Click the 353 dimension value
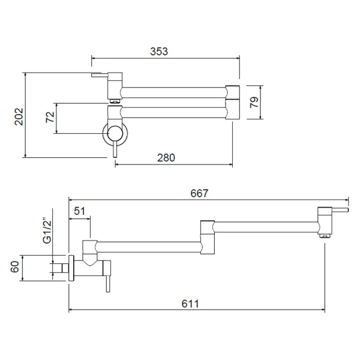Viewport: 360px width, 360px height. [159, 52]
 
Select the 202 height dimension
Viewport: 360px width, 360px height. [19, 116]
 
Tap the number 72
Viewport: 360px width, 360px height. [50, 117]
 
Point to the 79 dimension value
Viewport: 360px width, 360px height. [254, 103]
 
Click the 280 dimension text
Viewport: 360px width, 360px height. [166, 158]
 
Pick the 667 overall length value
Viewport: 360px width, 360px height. [199, 193]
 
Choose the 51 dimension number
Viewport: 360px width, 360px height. [79, 211]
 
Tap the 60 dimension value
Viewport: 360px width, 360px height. [14, 267]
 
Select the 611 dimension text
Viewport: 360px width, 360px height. [190, 304]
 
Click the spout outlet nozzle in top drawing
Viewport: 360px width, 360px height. [115, 101]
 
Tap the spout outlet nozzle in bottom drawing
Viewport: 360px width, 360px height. [325, 236]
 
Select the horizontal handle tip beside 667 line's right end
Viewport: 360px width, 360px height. [340, 210]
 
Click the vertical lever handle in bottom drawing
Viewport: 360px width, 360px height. [108, 283]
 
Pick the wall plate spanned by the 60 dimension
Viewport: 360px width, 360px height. [71, 268]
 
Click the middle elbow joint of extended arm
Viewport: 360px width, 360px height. [208, 238]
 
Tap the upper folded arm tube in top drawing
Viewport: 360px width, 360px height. [173, 92]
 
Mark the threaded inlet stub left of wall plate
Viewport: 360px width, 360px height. [65, 268]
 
